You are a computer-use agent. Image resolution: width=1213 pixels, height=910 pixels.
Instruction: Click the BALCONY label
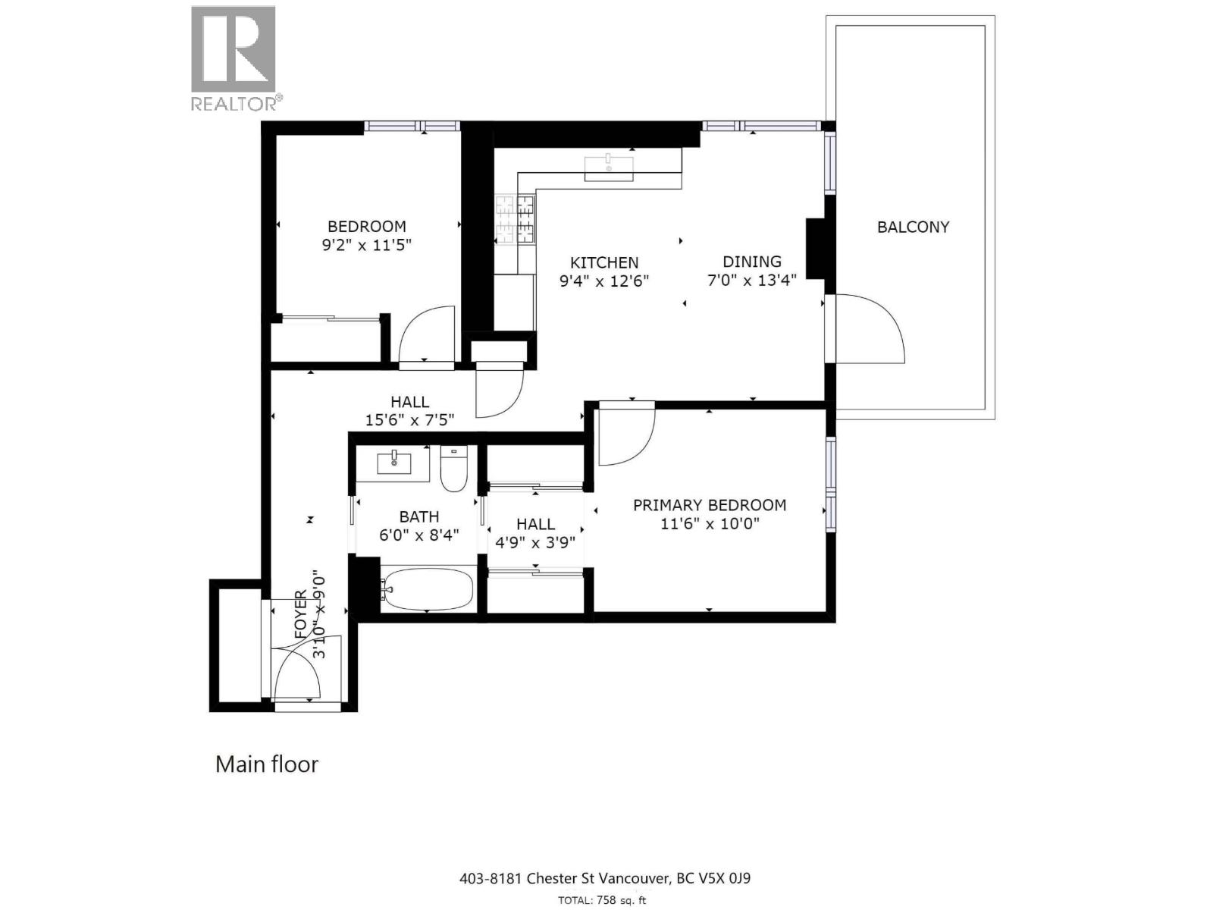tap(913, 227)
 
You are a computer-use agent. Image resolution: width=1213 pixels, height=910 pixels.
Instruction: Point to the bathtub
tap(428, 588)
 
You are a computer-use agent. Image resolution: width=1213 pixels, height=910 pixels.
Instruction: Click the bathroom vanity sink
tap(393, 460)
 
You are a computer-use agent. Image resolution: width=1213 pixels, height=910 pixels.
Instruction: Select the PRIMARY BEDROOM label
tap(709, 505)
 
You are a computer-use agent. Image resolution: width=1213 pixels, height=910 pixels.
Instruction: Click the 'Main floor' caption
tap(267, 764)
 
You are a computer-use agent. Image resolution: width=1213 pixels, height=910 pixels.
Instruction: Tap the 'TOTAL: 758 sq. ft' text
tap(602, 900)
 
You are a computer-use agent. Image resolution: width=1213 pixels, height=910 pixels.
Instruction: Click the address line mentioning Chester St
tap(604, 878)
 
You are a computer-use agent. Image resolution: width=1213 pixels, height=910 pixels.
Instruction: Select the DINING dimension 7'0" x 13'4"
tap(751, 281)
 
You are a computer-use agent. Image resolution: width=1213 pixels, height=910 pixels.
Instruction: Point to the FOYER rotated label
tap(300, 614)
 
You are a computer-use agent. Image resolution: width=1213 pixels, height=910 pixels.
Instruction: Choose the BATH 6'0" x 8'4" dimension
tap(418, 535)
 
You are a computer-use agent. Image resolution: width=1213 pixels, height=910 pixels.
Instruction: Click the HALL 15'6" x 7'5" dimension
tap(409, 420)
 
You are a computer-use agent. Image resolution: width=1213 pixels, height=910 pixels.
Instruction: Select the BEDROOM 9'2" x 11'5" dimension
tap(367, 245)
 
